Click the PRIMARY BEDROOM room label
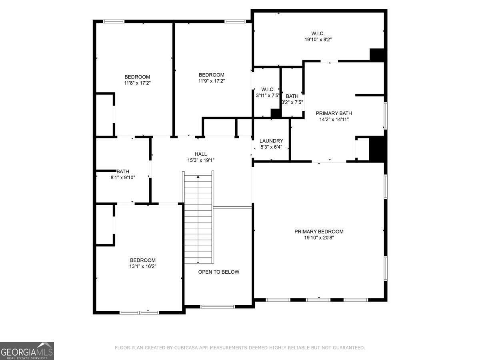click(319, 232)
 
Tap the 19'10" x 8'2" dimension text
click(318, 40)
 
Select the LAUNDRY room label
click(271, 141)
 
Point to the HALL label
click(201, 154)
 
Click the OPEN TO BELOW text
click(219, 272)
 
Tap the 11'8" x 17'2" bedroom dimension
click(137, 83)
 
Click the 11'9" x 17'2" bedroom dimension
click(212, 81)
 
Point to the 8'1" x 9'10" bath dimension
click(123, 177)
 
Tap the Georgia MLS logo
click(27, 351)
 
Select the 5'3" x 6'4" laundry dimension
click(271, 147)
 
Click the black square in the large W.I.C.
click(377, 54)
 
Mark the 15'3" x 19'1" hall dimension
click(201, 160)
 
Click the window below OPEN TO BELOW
click(217, 307)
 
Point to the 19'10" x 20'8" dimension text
click(319, 238)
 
